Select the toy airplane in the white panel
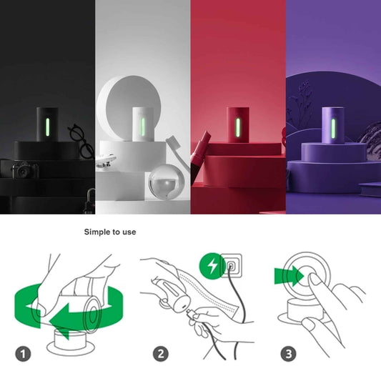point(114,156)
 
